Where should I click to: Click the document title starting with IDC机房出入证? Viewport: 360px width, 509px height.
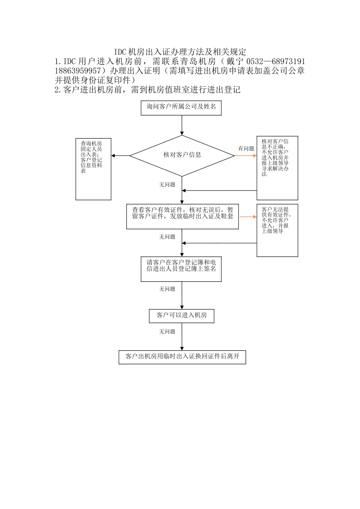180,52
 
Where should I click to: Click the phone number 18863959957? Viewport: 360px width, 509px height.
78,71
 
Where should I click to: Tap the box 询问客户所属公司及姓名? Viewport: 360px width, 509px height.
182,107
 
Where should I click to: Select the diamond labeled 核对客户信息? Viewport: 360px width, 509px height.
182,155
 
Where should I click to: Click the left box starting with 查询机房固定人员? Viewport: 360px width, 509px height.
93,169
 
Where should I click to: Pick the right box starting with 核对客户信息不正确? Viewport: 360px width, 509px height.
277,168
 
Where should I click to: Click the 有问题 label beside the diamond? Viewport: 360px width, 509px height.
246,148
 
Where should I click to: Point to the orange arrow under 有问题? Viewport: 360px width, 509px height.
246,155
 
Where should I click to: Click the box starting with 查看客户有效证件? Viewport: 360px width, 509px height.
182,216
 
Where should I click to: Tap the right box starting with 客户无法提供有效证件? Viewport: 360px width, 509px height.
277,230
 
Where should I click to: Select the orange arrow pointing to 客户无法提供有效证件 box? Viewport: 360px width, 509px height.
248,217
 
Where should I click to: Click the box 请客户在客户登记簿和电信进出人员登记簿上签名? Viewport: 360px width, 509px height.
181,269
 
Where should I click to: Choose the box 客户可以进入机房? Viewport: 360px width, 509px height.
182,315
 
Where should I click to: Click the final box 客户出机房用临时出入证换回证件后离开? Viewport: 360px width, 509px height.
182,357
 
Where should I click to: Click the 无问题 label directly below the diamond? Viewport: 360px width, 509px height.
167,185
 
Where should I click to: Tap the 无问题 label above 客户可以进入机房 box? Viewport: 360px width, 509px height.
167,289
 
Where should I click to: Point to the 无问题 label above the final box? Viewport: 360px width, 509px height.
167,331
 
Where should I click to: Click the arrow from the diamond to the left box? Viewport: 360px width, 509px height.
121,156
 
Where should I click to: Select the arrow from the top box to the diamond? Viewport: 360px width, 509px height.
182,125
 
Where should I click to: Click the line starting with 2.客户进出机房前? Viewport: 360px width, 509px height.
148,90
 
